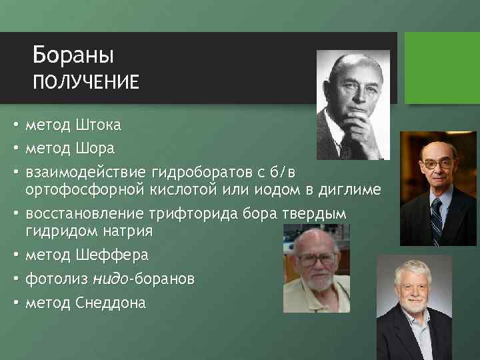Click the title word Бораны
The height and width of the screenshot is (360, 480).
point(73,53)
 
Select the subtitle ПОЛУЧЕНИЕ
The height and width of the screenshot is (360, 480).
point(86,82)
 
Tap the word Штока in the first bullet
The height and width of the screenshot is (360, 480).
point(99,125)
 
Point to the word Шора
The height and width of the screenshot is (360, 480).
point(97,147)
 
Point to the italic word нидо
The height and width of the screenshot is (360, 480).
point(111,279)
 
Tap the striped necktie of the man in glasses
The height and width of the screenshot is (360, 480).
point(437,220)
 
